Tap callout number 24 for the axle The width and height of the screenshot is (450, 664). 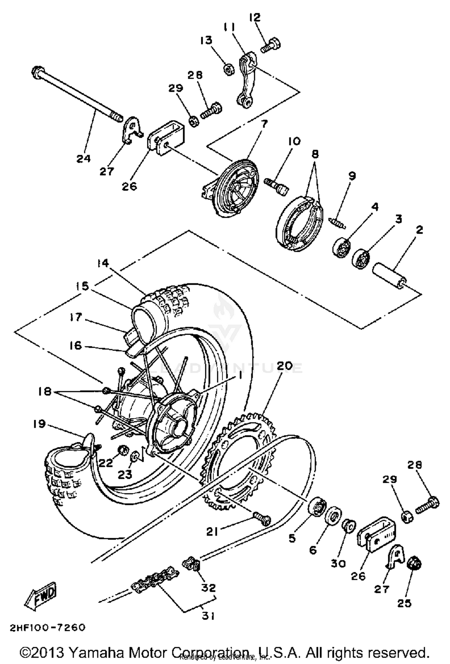coord(83,159)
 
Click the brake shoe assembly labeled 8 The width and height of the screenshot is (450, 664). coord(298,223)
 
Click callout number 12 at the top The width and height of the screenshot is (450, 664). coord(255,17)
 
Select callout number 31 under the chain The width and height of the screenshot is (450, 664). coord(208,615)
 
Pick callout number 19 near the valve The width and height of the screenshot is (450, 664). coord(39,424)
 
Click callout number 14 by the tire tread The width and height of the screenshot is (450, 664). coord(103,263)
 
